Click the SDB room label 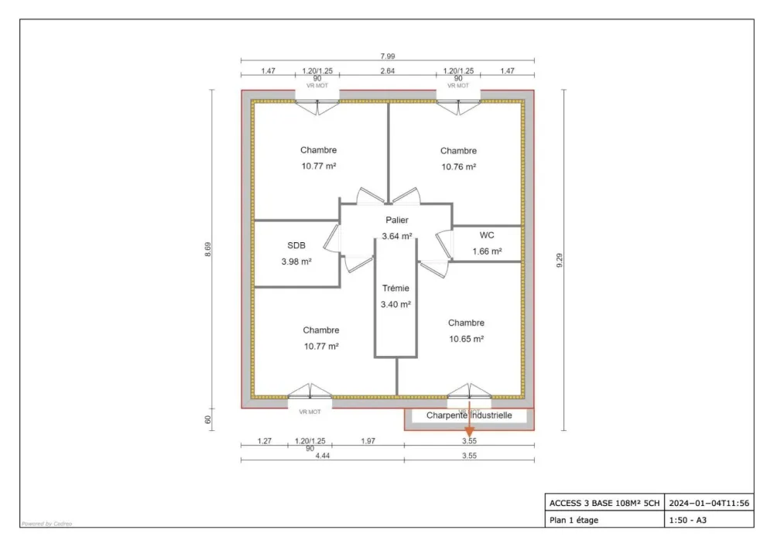(296, 245)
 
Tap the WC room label (487, 234)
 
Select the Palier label (396, 220)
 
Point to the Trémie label (396, 288)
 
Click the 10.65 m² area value (466, 339)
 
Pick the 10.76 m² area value (458, 166)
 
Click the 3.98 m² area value (296, 262)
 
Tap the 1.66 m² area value (487, 251)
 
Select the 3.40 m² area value (396, 304)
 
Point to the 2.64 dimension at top (387, 71)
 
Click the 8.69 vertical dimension (207, 251)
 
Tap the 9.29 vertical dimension (560, 261)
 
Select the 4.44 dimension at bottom (322, 456)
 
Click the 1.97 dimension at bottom (368, 441)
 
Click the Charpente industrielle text (469, 415)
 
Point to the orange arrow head (469, 431)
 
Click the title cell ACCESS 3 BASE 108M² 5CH (604, 503)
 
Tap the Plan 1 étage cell (574, 520)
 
